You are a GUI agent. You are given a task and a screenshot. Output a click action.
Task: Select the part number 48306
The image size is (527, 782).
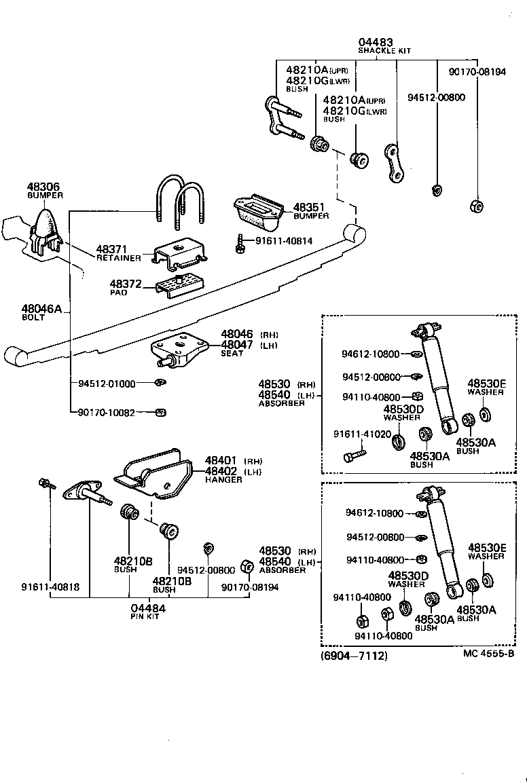tap(43, 187)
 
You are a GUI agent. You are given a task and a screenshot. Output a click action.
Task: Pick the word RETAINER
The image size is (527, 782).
tap(118, 259)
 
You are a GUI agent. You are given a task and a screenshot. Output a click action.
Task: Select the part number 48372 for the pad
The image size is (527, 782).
tap(126, 283)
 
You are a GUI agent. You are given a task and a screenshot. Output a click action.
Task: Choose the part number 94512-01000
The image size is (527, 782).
tap(107, 384)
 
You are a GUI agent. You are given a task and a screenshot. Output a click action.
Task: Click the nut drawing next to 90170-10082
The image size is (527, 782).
tap(160, 411)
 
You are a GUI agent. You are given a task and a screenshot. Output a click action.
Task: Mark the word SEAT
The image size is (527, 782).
tap(232, 354)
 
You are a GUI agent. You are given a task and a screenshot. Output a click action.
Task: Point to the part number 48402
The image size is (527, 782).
tap(221, 471)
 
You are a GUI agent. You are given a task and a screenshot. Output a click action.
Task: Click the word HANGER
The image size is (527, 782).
tap(223, 480)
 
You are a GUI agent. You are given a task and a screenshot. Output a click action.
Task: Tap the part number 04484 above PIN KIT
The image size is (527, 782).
tap(148, 608)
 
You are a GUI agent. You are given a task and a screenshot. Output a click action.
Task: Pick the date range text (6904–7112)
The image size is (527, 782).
tap(353, 656)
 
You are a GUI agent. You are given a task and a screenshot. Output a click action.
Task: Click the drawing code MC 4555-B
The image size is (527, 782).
tap(488, 654)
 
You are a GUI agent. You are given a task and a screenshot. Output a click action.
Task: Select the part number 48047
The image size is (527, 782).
tap(237, 345)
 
